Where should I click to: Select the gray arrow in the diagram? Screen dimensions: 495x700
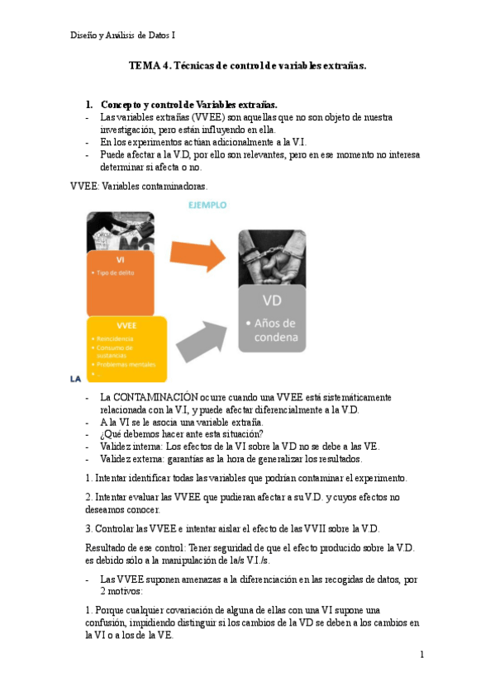click(x=203, y=338)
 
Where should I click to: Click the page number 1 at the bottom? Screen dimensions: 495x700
click(x=421, y=655)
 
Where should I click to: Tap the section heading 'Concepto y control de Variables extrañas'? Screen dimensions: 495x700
click(x=189, y=105)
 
